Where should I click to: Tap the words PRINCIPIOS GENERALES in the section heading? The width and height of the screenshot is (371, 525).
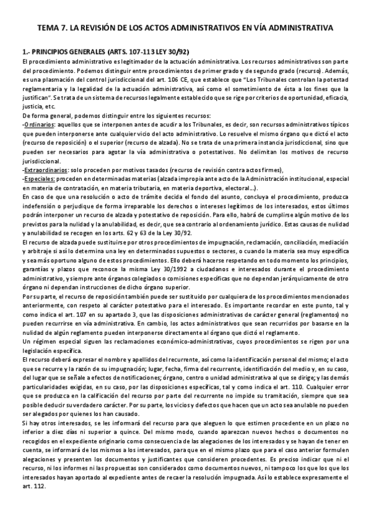[x=58, y=52]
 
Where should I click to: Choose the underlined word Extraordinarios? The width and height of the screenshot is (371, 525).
[x=46, y=170]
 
